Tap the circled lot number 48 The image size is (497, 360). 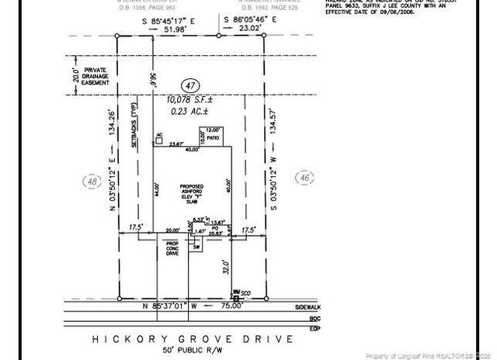[93, 181]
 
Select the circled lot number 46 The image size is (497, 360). [303, 177]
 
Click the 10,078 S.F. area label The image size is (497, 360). [191, 100]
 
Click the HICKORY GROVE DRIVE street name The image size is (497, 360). [193, 339]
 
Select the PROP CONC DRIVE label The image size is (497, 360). [172, 248]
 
